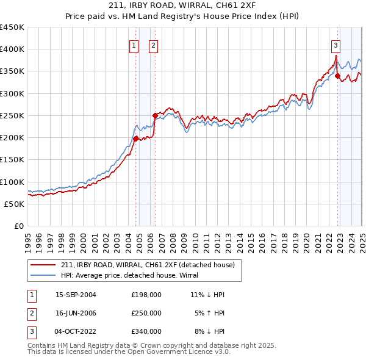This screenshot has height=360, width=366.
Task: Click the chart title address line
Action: point(182,5)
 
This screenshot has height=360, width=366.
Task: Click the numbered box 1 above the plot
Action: point(134,45)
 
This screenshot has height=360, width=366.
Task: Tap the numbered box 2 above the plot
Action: point(152,45)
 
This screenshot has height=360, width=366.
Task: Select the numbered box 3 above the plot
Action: point(335,45)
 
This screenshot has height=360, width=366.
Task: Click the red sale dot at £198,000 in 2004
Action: point(135,139)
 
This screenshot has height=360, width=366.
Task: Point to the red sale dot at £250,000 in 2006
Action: point(155,115)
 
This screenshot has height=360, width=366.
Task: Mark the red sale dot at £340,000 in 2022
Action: point(337,76)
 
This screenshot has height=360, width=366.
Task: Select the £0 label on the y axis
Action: point(18,226)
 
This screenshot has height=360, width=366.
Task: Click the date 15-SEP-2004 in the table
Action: point(76,295)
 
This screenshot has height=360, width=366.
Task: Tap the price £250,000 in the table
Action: point(146,313)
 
